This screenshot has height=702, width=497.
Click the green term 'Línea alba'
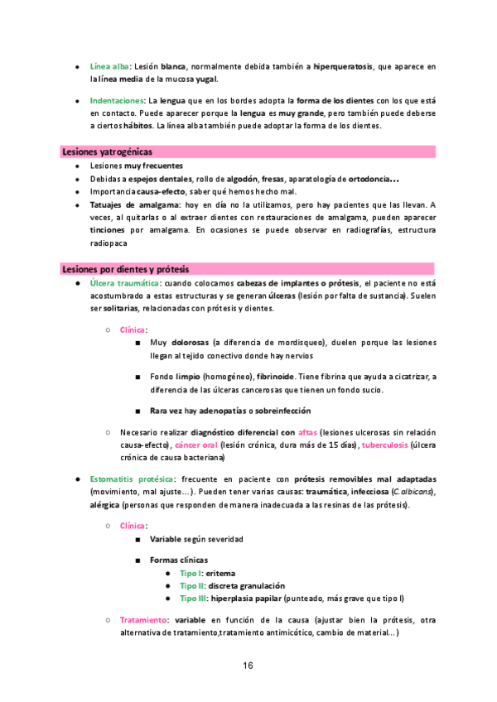pyautogui.click(x=110, y=65)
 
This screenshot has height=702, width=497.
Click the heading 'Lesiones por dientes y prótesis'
pyautogui.click(x=126, y=270)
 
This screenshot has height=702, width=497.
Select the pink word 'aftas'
pyautogui.click(x=307, y=432)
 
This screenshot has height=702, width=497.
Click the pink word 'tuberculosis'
pyautogui.click(x=388, y=445)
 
